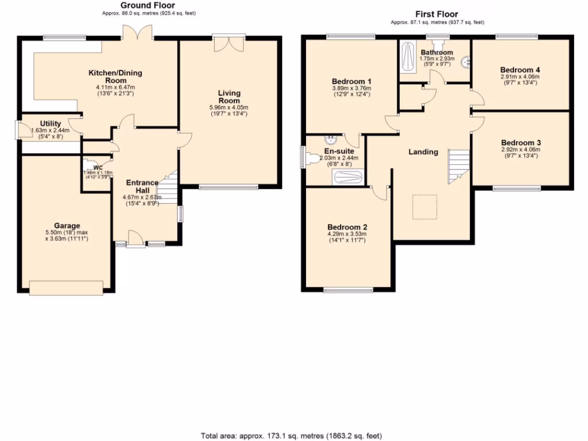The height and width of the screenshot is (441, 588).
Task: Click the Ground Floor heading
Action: [x=140, y=5]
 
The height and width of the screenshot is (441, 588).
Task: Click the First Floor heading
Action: [x=437, y=14]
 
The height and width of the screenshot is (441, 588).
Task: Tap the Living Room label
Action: [x=229, y=96]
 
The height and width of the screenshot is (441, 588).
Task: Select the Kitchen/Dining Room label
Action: [x=115, y=77]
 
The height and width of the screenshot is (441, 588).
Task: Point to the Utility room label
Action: [x=51, y=123]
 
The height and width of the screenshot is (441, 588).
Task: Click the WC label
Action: [x=98, y=168]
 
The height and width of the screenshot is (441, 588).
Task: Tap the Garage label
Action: [x=67, y=226]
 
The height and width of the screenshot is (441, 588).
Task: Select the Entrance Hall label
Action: [x=142, y=187]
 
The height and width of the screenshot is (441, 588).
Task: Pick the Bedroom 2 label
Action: [x=346, y=226]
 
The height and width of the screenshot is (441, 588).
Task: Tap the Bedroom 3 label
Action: [x=521, y=142]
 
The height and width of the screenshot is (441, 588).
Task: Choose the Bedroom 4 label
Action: [x=520, y=69]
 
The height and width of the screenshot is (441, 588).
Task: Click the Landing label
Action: [x=423, y=152]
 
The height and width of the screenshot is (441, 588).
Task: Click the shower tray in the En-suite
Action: [x=348, y=178]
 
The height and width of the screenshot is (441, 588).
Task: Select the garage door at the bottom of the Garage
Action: [x=67, y=288]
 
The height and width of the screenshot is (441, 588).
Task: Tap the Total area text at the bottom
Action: [x=291, y=436]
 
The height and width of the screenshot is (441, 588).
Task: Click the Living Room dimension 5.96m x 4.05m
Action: [x=229, y=107]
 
